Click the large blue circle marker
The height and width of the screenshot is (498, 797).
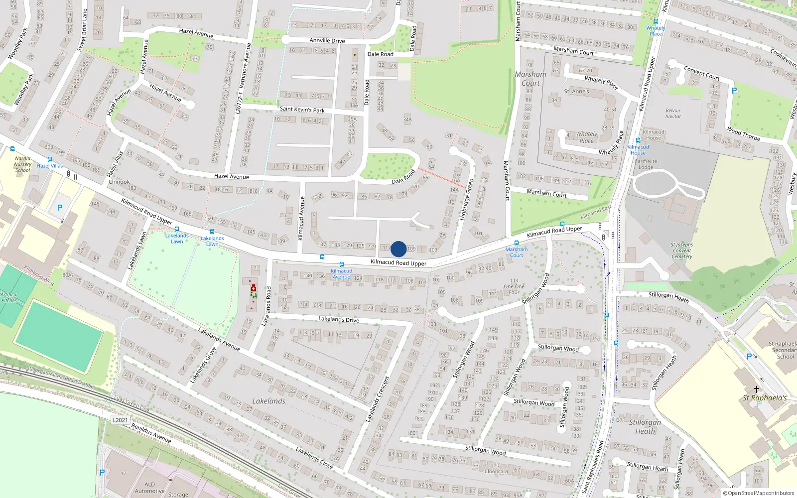click(x=398, y=249)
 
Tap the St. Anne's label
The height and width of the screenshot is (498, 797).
click(x=576, y=92)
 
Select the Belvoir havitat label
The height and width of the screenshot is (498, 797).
click(x=673, y=114)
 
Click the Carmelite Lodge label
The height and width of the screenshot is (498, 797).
click(x=646, y=164)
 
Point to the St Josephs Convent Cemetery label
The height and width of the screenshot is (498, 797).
click(x=682, y=250)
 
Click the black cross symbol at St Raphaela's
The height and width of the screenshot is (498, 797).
click(x=756, y=389)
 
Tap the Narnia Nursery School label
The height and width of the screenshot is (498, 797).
click(x=22, y=164)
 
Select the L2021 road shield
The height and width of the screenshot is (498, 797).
click(x=120, y=420)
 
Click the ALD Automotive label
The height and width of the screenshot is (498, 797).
click(x=149, y=488)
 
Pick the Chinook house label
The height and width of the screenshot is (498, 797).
click(x=119, y=182)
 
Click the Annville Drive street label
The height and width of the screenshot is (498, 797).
click(x=327, y=41)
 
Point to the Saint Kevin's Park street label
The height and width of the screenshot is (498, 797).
click(x=302, y=109)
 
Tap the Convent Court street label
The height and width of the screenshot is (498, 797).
click(x=701, y=73)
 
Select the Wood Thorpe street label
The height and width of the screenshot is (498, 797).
click(x=743, y=133)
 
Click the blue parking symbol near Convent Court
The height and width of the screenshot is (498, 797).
click(x=734, y=91)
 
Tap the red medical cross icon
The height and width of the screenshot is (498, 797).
click(x=254, y=288)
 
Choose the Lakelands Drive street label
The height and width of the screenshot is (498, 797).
click(x=339, y=319)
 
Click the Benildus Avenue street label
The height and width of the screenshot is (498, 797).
click(x=151, y=433)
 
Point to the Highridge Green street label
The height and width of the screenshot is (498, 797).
click(x=466, y=199)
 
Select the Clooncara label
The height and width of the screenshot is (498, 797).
click(x=496, y=471)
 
